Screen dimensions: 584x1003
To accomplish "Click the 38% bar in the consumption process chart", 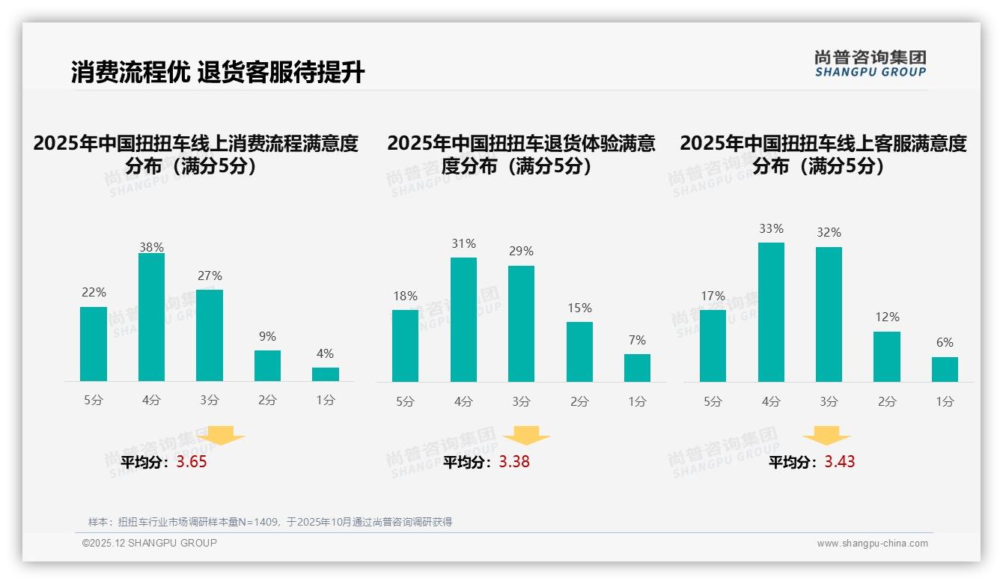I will point(151,317).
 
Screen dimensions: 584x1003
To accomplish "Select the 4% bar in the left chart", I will point(326,374).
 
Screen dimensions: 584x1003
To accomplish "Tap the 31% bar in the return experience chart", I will point(463,320).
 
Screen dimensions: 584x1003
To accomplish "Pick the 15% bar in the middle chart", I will point(579,352).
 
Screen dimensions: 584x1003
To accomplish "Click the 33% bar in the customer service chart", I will point(771,312).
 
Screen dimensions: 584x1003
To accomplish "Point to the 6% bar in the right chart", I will point(945,369).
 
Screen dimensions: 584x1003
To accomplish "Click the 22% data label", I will point(94,292).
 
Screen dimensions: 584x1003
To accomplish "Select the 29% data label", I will point(521,251).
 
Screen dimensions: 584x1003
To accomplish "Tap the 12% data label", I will point(887,317).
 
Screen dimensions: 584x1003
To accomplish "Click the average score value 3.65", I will point(192,462).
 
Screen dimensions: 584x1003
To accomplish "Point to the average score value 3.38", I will point(514,462).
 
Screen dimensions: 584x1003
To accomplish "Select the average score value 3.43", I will point(840,462).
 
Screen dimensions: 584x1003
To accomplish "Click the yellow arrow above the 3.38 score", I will point(526,435).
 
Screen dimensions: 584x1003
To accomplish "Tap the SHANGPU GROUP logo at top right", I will point(871,64).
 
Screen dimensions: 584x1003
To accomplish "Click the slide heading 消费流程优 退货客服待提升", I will point(218,73).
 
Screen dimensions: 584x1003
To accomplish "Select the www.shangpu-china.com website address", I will point(872,544).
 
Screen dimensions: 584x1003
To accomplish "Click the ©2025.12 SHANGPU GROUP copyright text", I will point(150,543).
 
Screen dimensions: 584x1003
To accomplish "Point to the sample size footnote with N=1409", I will point(270,522).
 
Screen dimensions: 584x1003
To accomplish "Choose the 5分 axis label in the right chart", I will point(713,401).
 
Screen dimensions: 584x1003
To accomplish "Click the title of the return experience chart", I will point(521,154).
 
